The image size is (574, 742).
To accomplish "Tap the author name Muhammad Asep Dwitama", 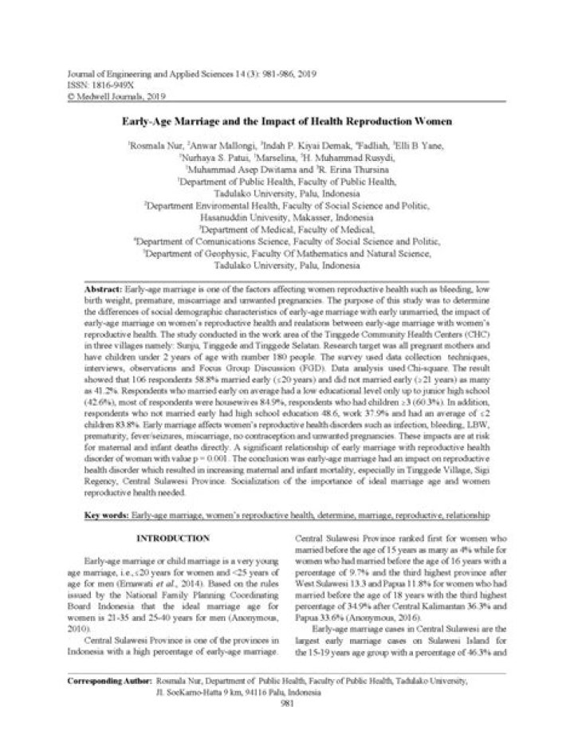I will pos(242,170).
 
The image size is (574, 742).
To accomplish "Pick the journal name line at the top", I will pos(183,73).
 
